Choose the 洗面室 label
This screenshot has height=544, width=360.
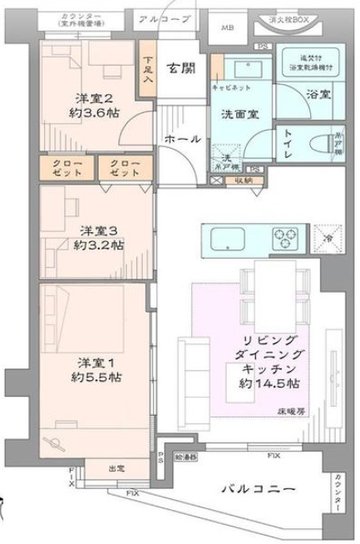[238, 114]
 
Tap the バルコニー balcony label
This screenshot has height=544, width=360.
[257, 491]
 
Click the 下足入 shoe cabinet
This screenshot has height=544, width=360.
[147, 72]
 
